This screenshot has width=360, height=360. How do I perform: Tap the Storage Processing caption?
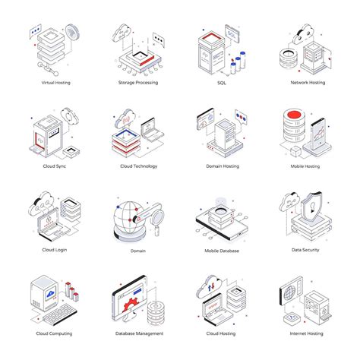coord(137,82)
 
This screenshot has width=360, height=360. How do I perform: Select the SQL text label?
coord(223,82)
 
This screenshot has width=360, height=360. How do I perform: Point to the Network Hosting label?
coord(307,82)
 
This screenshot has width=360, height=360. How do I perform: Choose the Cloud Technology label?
coord(137,166)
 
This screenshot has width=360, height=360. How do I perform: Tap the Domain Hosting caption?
coord(223,166)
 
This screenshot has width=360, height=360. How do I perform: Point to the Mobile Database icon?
coord(222,216)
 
